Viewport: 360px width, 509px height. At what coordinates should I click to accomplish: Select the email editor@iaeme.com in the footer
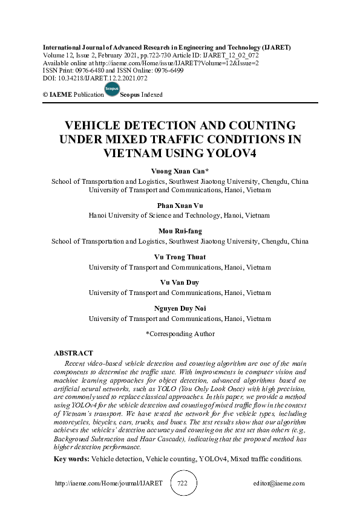(279, 484)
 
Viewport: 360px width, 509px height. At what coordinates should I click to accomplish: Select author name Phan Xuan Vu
(180, 206)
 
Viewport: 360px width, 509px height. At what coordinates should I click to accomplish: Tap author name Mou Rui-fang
(180, 231)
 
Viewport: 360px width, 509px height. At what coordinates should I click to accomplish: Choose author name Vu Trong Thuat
(180, 257)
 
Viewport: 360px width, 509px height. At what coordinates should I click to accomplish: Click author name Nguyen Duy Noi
(180, 308)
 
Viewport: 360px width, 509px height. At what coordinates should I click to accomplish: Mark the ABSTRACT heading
(73, 352)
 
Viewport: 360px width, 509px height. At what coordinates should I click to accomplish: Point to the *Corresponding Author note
(180, 333)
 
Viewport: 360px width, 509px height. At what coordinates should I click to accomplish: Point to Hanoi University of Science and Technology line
(180, 215)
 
